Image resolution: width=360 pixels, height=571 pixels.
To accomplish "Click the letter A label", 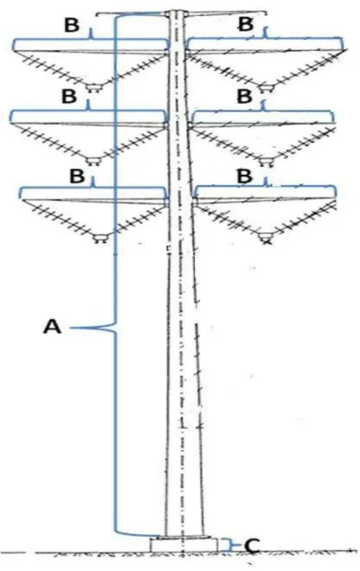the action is coord(53,326).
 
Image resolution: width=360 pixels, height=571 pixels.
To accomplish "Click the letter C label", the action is coord(251,546).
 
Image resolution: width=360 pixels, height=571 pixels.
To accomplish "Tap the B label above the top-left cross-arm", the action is coord(71,25).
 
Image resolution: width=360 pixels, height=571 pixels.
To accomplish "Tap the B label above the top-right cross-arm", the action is coord(246,25).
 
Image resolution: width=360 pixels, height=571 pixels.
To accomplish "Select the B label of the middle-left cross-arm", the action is coord(69,97).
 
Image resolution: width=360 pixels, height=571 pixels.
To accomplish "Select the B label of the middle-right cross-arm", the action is coord(244,96).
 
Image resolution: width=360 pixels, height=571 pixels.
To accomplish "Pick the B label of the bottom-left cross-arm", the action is coord(76,176).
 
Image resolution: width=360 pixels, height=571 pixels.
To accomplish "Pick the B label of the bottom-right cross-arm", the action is coord(244,176).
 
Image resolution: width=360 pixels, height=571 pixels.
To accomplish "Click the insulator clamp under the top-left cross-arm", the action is coord(94,88).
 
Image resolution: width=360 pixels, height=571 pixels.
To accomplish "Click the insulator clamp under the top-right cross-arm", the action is coord(265,88).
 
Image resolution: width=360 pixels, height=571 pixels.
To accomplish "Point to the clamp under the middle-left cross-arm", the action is coord(94,161).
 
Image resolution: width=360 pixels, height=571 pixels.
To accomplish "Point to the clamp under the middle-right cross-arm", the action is coord(266,161).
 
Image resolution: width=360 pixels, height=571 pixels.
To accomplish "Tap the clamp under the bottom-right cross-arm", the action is coord(266,238).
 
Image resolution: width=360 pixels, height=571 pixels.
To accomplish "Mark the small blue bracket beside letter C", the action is coord(230,545).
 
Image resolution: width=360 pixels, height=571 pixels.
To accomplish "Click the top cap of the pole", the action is coord(177,13).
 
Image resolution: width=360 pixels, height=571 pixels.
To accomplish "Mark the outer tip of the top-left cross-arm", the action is coord(15,50).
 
